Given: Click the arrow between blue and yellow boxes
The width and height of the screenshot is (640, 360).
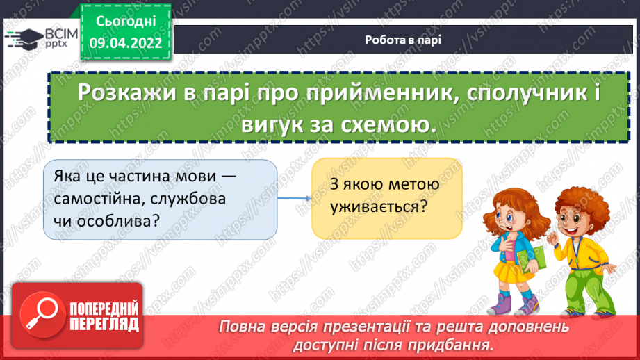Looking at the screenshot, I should [294, 198].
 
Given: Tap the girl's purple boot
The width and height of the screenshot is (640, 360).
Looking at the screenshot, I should [502, 304].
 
